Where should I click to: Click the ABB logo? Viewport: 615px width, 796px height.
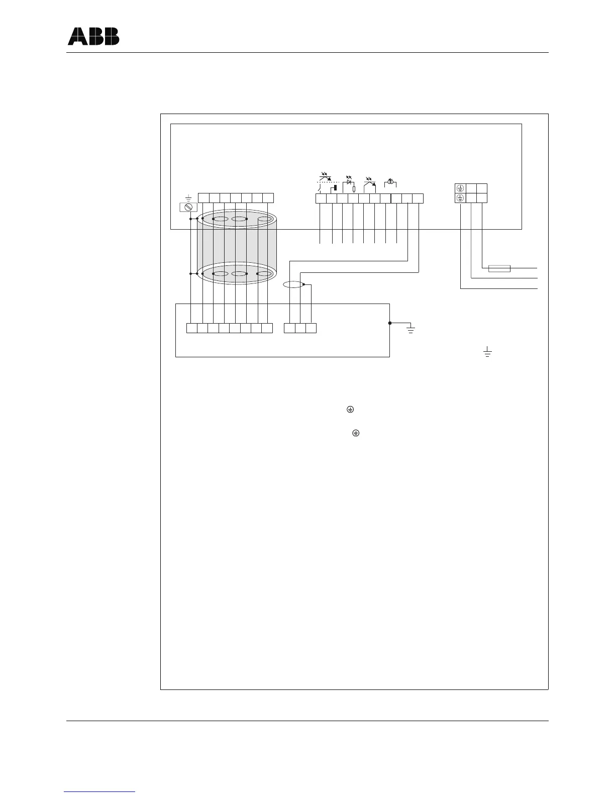[93, 36]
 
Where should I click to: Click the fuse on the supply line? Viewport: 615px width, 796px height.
[499, 268]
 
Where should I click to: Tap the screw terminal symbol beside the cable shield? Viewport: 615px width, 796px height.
[188, 207]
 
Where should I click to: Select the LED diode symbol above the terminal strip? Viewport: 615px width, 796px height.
[348, 182]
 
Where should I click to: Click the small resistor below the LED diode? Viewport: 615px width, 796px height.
[354, 189]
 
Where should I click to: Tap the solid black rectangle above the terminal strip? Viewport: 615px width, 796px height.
[335, 187]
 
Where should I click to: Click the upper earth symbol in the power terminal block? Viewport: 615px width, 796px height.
[460, 188]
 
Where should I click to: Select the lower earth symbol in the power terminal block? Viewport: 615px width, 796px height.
[460, 198]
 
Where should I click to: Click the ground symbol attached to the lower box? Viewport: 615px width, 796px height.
[411, 330]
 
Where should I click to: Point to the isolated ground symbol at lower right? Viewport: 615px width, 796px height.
[486, 352]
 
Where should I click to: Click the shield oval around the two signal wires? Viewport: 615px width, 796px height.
[294, 284]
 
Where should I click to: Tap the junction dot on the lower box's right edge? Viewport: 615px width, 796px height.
[390, 323]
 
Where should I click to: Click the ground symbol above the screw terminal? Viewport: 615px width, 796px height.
[188, 198]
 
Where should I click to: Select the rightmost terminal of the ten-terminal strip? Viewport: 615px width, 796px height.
[418, 198]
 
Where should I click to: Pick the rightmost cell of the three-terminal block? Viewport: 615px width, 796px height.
[311, 328]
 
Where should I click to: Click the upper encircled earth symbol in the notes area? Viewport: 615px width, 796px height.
[350, 410]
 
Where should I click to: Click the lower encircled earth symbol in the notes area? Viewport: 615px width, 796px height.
[355, 433]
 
